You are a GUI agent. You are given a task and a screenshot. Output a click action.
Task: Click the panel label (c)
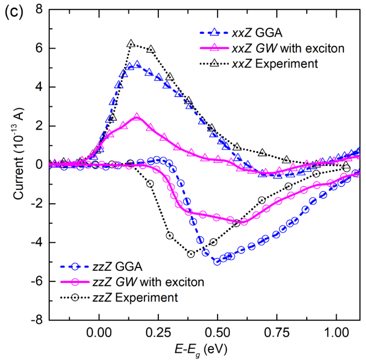[12, 12]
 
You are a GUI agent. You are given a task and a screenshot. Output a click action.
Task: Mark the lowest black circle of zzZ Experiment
[191, 254]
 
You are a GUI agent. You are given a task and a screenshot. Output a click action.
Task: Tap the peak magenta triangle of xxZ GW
[137, 117]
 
